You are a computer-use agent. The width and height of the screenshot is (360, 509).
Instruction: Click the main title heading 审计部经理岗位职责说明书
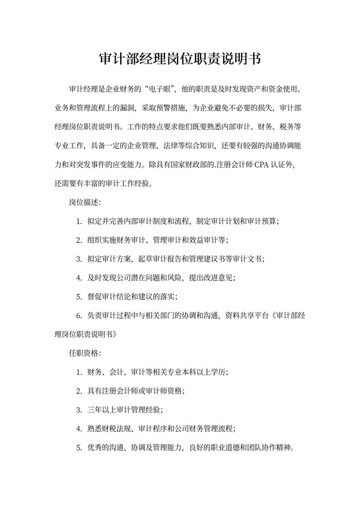coord(180,58)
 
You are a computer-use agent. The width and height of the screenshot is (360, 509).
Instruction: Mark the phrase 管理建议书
coord(224,259)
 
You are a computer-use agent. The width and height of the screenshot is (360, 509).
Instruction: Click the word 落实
coord(165,296)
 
